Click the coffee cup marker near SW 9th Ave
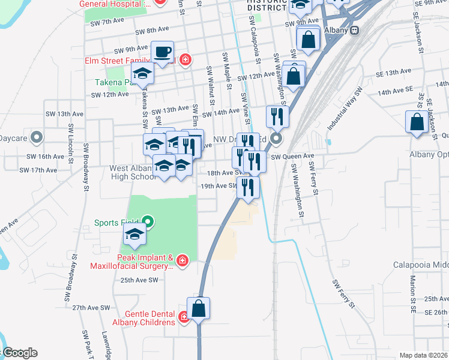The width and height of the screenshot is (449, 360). (163, 51)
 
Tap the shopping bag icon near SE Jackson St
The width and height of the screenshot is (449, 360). (417, 122)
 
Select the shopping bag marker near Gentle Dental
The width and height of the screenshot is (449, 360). (199, 308)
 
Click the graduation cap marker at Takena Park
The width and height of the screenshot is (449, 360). (143, 73)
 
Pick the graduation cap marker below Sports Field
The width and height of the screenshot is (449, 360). (134, 235)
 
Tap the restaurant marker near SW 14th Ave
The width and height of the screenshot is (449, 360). (277, 116)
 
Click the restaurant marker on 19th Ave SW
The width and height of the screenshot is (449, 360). (247, 187)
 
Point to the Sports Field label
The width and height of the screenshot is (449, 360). (117, 223)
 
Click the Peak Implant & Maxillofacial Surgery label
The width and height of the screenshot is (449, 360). (131, 260)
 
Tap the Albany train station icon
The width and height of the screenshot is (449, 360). (355, 29)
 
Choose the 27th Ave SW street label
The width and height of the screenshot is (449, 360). (91, 307)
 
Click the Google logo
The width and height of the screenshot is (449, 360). (19, 353)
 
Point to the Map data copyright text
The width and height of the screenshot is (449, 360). (423, 355)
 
